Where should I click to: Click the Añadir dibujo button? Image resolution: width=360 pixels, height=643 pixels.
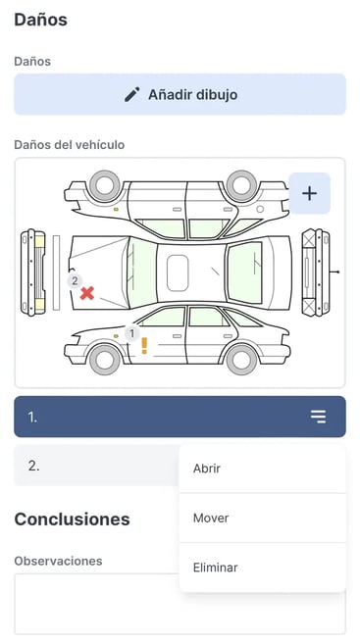180,94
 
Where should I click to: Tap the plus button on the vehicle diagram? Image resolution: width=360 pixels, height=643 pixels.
310,193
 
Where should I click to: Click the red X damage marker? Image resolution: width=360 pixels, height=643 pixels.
87,293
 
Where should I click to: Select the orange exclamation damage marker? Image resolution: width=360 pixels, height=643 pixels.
144,346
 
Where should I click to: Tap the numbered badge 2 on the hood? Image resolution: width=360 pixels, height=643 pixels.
75,281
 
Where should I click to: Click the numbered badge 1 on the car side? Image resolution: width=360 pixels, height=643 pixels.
131,333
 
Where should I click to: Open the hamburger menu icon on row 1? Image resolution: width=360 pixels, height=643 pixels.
318,417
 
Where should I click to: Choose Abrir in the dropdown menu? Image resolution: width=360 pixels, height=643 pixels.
207,469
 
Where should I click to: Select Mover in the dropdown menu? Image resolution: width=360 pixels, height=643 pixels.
211,518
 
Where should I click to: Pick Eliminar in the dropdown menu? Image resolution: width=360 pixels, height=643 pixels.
216,568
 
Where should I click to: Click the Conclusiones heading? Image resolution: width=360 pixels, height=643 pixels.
73,519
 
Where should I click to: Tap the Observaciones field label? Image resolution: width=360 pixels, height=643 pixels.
58,561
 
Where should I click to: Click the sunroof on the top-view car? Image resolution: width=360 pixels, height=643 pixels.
178,273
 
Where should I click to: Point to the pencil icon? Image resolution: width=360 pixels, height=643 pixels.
132,94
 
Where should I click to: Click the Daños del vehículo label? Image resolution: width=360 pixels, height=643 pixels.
70,145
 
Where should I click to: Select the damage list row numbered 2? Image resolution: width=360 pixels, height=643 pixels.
96,466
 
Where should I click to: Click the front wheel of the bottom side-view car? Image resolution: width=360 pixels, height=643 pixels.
105,360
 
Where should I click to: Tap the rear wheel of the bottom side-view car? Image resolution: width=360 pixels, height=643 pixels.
241,360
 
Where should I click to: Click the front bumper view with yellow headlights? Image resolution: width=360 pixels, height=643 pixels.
33,272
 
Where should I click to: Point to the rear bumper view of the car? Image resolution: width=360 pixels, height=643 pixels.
316,272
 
